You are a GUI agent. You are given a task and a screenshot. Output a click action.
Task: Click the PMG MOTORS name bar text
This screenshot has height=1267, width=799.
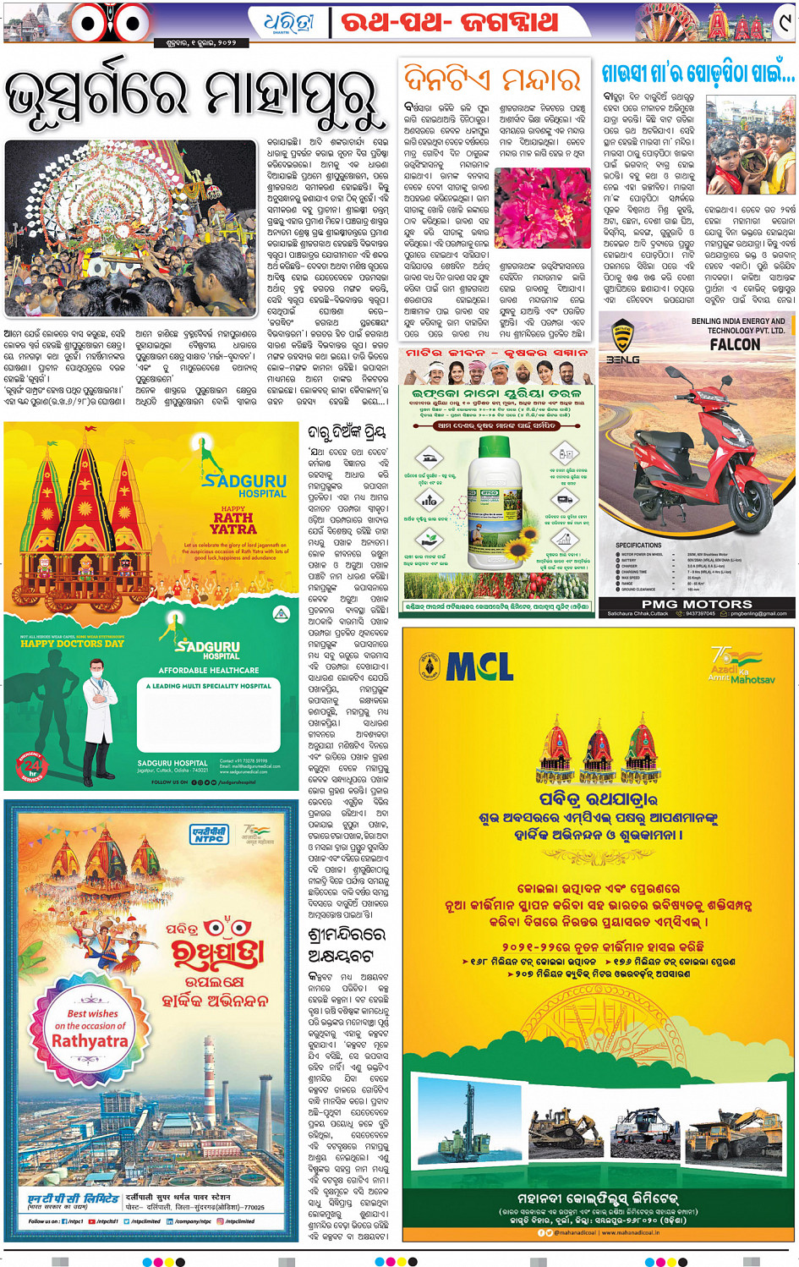coord(697,604)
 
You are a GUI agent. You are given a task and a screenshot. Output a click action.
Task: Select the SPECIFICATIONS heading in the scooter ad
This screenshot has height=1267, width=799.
coord(638,545)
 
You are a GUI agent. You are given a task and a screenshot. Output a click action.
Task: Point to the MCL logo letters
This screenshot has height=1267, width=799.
coord(479,667)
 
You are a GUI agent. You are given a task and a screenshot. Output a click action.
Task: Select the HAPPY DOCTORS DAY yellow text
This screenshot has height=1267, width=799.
coord(73,644)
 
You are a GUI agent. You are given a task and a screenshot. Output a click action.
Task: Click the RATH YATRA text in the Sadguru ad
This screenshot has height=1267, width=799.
coord(233,523)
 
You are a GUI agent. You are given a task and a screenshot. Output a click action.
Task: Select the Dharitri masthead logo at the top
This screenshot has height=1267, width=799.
coord(288,21)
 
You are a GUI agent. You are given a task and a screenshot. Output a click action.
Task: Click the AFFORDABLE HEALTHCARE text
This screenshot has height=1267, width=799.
coord(209,670)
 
